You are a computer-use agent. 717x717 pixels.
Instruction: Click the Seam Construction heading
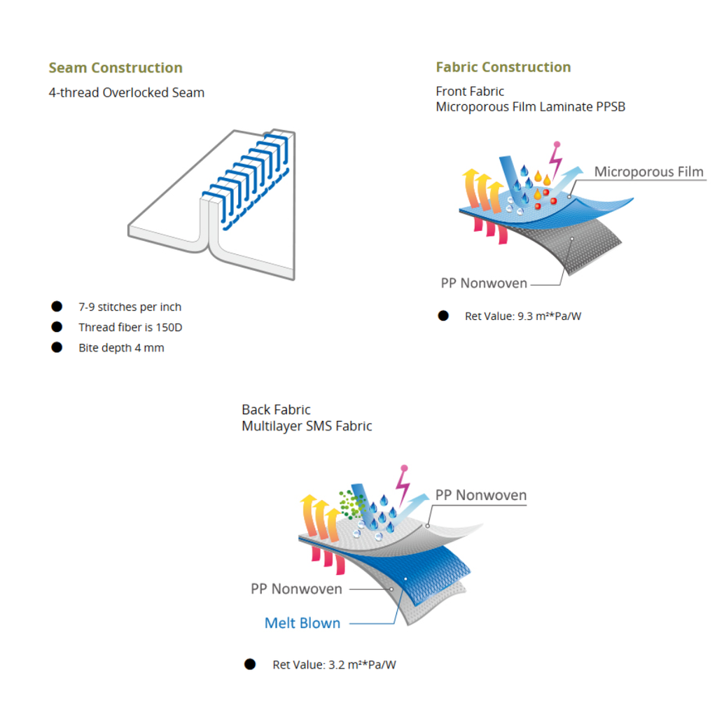click(116, 68)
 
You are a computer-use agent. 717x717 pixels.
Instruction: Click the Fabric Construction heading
click(503, 67)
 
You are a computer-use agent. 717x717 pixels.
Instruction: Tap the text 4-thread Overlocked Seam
click(126, 92)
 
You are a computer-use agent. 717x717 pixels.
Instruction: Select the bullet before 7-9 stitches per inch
click(57, 307)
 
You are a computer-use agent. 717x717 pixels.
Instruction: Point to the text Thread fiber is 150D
click(130, 327)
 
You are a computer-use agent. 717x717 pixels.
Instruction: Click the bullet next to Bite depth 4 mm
click(57, 347)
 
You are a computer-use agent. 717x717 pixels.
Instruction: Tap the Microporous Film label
click(648, 172)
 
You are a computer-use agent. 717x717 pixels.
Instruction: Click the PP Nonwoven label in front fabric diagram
click(484, 284)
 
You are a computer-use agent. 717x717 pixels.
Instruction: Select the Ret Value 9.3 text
click(523, 316)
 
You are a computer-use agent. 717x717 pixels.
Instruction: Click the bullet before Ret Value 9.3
click(443, 316)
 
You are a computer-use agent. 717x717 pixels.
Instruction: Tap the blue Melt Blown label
click(302, 622)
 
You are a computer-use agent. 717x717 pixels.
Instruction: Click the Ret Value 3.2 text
click(334, 664)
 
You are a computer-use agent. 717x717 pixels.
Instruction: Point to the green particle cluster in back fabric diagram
click(349, 502)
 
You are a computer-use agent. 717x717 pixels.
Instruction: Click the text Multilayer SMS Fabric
click(307, 426)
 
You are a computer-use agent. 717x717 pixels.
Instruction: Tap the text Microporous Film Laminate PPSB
click(530, 107)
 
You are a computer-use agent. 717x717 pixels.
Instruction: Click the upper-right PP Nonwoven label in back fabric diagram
click(480, 495)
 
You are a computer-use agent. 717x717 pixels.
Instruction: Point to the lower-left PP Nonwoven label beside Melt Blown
click(296, 589)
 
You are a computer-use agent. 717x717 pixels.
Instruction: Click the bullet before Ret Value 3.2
click(250, 664)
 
